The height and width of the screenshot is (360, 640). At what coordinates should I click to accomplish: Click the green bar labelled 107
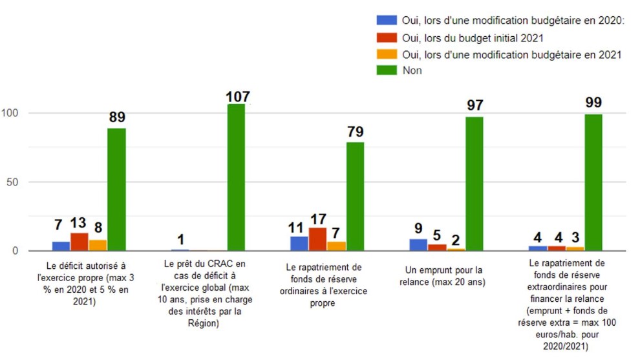pos(236,177)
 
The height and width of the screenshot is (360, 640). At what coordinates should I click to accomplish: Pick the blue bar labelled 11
pos(299,243)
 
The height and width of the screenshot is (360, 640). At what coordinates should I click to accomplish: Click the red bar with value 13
pos(79,242)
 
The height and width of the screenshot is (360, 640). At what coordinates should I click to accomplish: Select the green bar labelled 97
pos(475,184)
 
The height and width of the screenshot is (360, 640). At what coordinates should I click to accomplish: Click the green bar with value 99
pos(593,182)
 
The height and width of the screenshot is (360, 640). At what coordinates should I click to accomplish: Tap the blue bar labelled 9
pos(418,244)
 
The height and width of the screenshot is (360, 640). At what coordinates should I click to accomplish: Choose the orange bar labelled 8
pos(98,245)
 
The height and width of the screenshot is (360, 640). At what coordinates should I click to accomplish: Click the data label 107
pos(237,97)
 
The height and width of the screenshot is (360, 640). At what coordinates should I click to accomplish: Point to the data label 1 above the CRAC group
pos(180,239)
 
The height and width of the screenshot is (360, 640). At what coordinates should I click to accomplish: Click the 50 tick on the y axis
pos(14,182)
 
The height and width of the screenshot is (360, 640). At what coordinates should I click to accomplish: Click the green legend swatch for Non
pos(386,70)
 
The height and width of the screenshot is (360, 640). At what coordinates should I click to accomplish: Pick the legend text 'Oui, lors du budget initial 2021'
pos(472,38)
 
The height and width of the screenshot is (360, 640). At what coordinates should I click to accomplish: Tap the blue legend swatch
pos(386,22)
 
